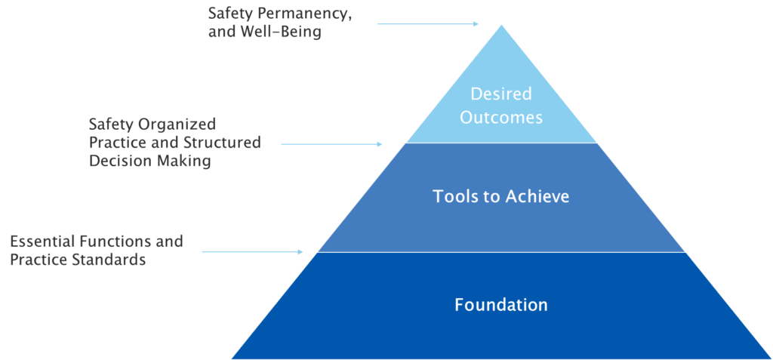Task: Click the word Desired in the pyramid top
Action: pos(500,94)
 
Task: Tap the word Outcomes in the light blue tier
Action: pos(500,118)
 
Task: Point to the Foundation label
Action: pos(500,305)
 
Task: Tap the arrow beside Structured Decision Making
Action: pos(332,143)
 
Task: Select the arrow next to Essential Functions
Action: pos(252,252)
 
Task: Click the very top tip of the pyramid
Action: pos(500,25)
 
